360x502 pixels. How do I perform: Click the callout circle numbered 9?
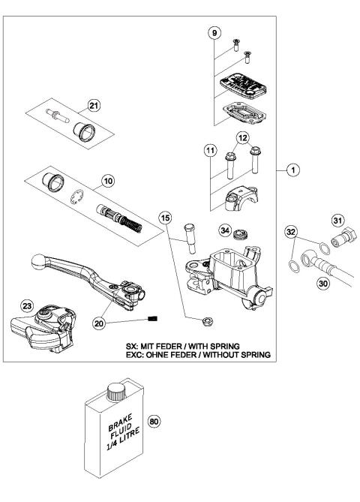point(214,33)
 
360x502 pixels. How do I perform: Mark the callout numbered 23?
point(26,305)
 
